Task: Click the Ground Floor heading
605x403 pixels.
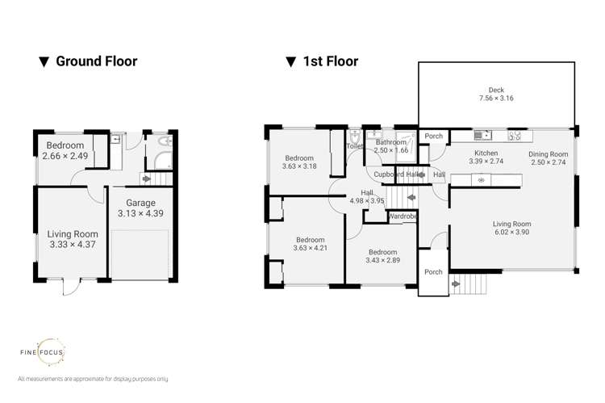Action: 95,61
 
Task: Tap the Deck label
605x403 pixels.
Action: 495,90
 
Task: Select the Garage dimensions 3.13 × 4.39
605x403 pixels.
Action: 129,214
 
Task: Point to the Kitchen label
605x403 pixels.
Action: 485,152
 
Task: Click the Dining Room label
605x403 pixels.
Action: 548,153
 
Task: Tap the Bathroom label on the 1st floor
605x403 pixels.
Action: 390,142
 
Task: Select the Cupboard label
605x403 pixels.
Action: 389,174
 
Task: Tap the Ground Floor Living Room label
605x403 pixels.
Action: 68,234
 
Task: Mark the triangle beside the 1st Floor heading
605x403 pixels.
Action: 288,61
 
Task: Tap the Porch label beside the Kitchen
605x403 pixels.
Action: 433,136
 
